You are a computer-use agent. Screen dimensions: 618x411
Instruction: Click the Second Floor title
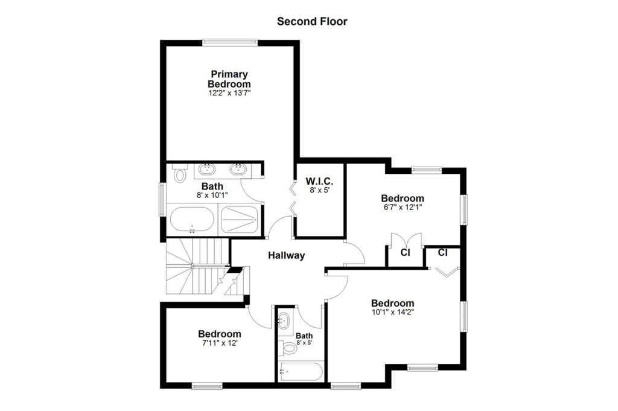[x=312, y=21]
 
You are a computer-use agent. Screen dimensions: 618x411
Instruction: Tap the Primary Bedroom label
[x=229, y=79]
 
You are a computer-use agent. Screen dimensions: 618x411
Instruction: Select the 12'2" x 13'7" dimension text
[x=229, y=93]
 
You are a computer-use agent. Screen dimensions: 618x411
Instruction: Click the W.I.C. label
[x=319, y=182]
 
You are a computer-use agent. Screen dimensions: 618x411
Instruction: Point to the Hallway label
[x=287, y=255]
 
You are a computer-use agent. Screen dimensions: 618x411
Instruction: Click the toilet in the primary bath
[x=180, y=173]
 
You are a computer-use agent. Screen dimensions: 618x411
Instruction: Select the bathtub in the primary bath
[x=192, y=220]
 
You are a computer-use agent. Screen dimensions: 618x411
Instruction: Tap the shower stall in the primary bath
[x=240, y=220]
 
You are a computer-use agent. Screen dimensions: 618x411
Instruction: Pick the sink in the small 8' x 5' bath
[x=284, y=320]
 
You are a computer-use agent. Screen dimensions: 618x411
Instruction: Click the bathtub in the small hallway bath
[x=301, y=372]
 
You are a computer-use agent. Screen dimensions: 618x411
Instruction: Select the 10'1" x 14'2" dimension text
[x=392, y=312]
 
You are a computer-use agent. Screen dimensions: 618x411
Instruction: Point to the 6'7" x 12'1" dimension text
[x=403, y=207]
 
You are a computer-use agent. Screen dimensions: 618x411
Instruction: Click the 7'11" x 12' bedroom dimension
[x=220, y=343]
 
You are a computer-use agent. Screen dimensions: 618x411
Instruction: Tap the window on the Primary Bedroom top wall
[x=230, y=43]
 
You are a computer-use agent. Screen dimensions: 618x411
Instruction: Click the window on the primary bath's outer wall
[x=162, y=199]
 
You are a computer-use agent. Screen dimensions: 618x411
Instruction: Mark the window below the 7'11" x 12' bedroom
[x=207, y=386]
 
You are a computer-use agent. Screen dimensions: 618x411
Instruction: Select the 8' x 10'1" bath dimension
[x=212, y=195]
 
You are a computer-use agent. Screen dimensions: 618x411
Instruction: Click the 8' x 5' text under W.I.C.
[x=319, y=190]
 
